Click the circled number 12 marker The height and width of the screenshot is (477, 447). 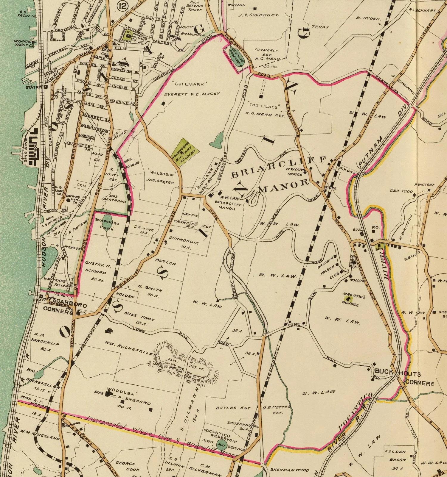click(122, 6)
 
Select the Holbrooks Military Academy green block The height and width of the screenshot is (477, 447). click(185, 151)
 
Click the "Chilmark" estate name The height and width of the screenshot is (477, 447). click(189, 85)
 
